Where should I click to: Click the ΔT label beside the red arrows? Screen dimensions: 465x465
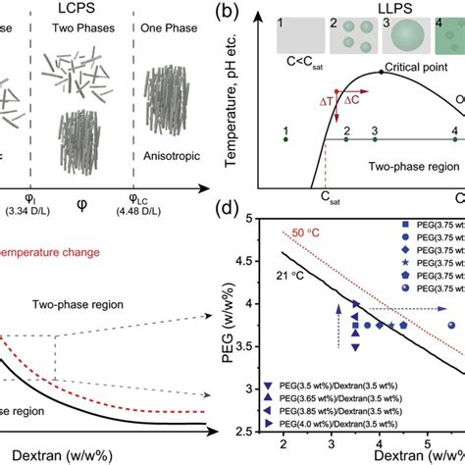[325, 101]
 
